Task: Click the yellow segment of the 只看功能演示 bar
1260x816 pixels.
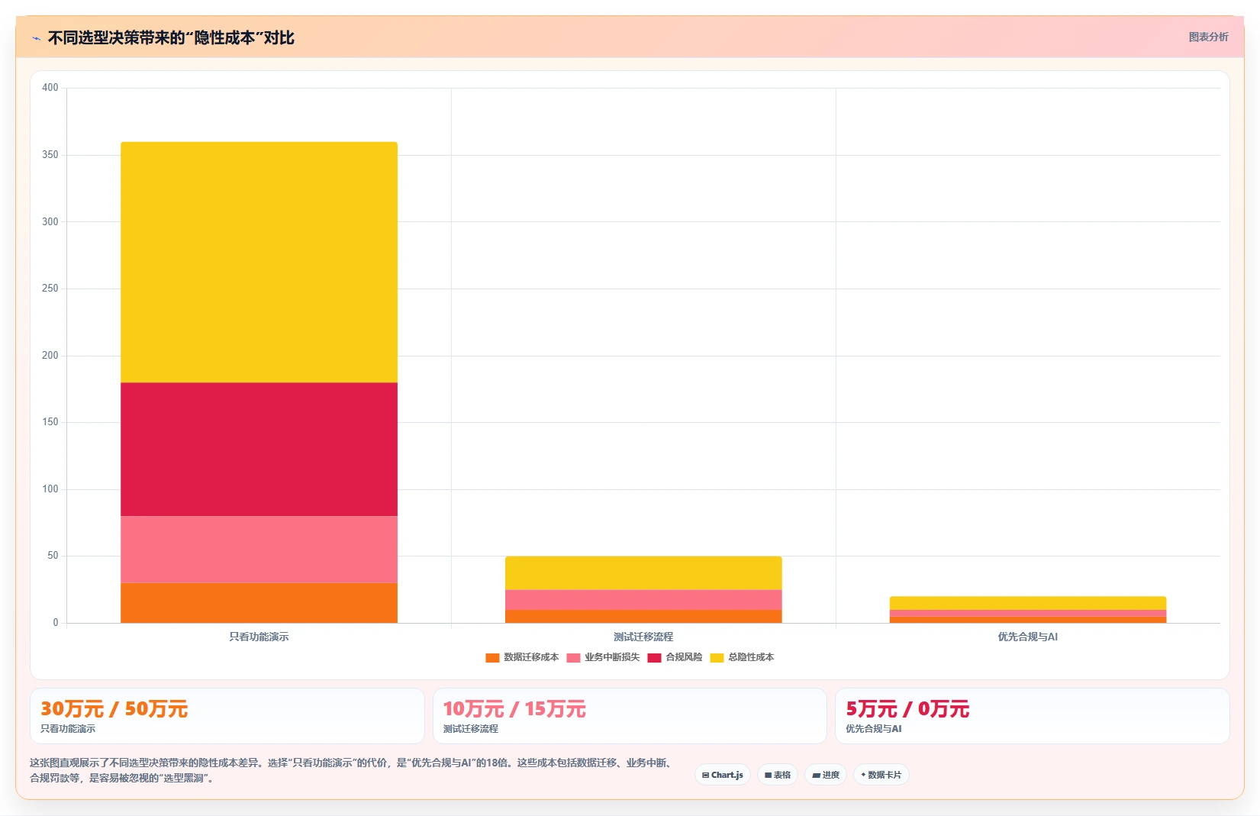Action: pyautogui.click(x=259, y=263)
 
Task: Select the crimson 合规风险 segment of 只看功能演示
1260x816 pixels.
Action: pyautogui.click(x=259, y=449)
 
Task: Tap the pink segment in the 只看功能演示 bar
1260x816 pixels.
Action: pyautogui.click(x=259, y=550)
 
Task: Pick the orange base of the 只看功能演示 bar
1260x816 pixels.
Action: pyautogui.click(x=259, y=603)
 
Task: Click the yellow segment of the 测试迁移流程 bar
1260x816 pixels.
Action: pyautogui.click(x=643, y=573)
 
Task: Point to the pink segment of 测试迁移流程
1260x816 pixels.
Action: pyautogui.click(x=643, y=600)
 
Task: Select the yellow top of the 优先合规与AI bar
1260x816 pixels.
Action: pyautogui.click(x=1028, y=603)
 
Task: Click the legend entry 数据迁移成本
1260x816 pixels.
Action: pyautogui.click(x=522, y=657)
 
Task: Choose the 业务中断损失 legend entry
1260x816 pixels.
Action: pyautogui.click(x=603, y=657)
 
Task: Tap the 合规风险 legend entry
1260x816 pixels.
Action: pyautogui.click(x=675, y=657)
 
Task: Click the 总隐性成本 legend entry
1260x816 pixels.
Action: pyautogui.click(x=742, y=657)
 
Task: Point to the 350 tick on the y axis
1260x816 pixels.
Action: pyautogui.click(x=50, y=155)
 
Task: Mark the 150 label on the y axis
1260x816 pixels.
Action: pyautogui.click(x=50, y=422)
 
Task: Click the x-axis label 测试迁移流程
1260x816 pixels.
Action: pyautogui.click(x=643, y=637)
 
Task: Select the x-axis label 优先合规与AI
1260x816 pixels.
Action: pyautogui.click(x=1028, y=637)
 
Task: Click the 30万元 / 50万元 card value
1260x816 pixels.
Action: pyautogui.click(x=114, y=709)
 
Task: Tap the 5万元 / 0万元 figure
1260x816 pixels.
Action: pyautogui.click(x=907, y=709)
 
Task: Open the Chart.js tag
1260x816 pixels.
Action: pyautogui.click(x=723, y=775)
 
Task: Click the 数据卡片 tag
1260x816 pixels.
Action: pyautogui.click(x=881, y=775)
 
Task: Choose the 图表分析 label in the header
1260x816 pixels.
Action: pyautogui.click(x=1208, y=37)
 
